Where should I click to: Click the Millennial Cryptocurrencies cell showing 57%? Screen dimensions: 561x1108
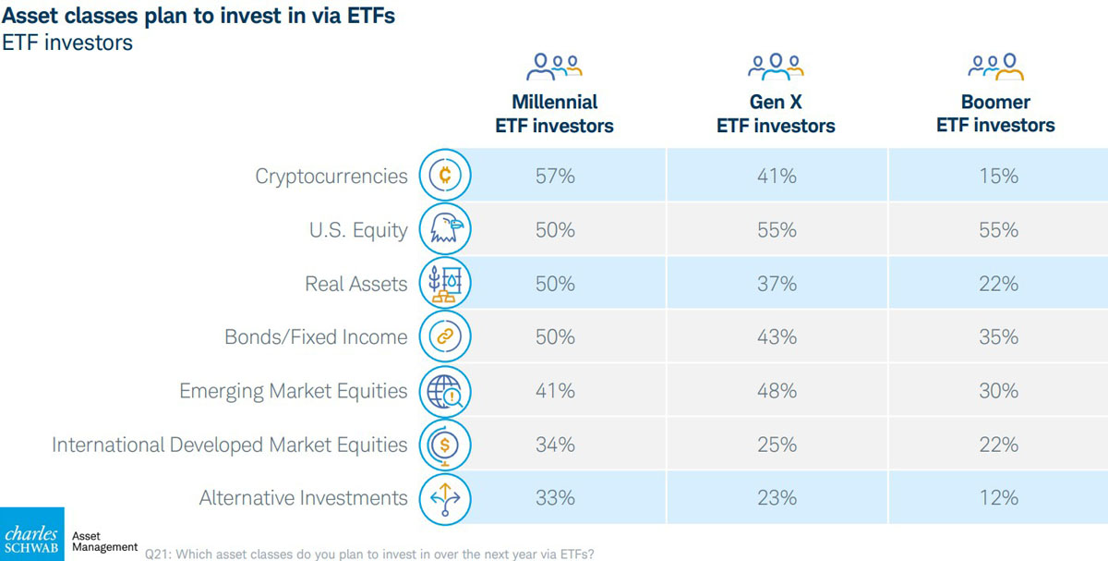click(x=555, y=176)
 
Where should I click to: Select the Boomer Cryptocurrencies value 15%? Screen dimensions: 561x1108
click(x=997, y=176)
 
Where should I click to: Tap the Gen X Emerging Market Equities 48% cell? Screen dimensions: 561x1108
click(x=776, y=391)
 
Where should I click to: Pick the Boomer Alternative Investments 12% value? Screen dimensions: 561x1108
click(x=997, y=498)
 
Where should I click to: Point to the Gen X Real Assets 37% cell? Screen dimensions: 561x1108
click(x=776, y=284)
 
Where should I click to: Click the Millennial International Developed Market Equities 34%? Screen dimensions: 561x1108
click(x=555, y=445)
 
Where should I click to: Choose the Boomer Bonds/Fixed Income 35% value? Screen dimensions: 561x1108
click(x=997, y=337)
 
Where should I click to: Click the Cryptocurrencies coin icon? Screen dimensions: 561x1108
click(x=445, y=176)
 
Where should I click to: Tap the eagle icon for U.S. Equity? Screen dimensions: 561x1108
click(x=445, y=229)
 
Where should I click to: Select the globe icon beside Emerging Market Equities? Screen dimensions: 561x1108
click(x=445, y=391)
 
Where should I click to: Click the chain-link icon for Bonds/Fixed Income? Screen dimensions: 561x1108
click(x=445, y=337)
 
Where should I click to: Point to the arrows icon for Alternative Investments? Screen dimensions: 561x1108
click(x=445, y=498)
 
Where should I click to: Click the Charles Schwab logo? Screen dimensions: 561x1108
click(x=32, y=534)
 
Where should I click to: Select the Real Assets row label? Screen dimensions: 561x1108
click(x=355, y=284)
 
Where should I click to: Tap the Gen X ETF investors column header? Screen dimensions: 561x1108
click(x=776, y=114)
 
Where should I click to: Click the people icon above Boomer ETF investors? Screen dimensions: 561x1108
click(x=996, y=67)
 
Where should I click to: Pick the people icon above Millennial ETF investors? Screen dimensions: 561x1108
click(x=554, y=67)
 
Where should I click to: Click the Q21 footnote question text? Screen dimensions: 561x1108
click(x=369, y=554)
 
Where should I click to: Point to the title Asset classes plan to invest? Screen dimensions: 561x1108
click(x=199, y=17)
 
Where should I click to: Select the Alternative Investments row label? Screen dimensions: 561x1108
click(x=303, y=498)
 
